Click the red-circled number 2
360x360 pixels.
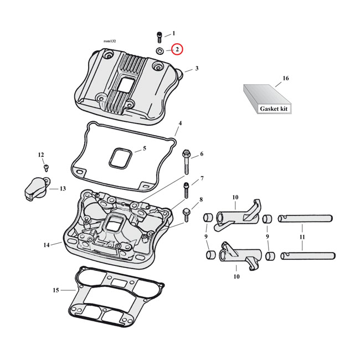click(177, 50)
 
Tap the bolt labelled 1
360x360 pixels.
click(158, 37)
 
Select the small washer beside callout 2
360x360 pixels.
click(160, 50)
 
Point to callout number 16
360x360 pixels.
click(286, 79)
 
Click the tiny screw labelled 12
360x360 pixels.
click(46, 166)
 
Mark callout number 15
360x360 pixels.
click(55, 290)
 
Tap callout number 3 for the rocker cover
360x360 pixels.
click(196, 69)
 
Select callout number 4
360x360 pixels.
click(180, 122)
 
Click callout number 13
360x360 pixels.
click(63, 189)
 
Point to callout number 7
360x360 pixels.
click(202, 178)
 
